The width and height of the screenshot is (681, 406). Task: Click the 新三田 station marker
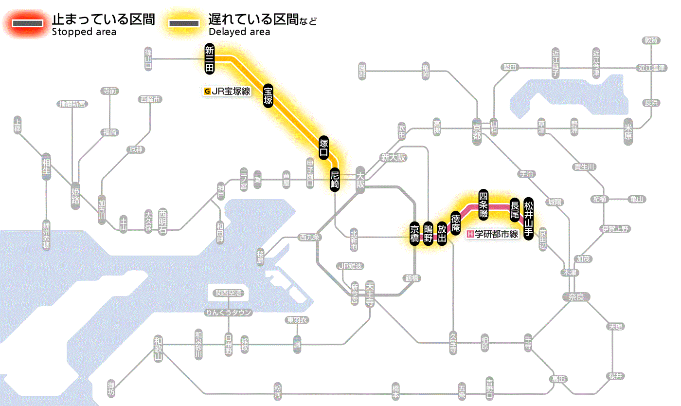(210, 59)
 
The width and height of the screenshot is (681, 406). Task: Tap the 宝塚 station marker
(268, 95)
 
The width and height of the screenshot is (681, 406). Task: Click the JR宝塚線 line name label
(228, 91)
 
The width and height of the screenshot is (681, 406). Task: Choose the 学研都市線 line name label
(493, 234)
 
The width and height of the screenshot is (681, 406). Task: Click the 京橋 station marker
(414, 234)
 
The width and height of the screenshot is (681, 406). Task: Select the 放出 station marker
(442, 234)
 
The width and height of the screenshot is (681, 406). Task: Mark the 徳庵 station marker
(456, 223)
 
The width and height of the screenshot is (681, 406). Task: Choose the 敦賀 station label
(651, 41)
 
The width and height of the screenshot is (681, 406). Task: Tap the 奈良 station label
(575, 296)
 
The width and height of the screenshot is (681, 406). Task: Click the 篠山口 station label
(148, 59)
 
